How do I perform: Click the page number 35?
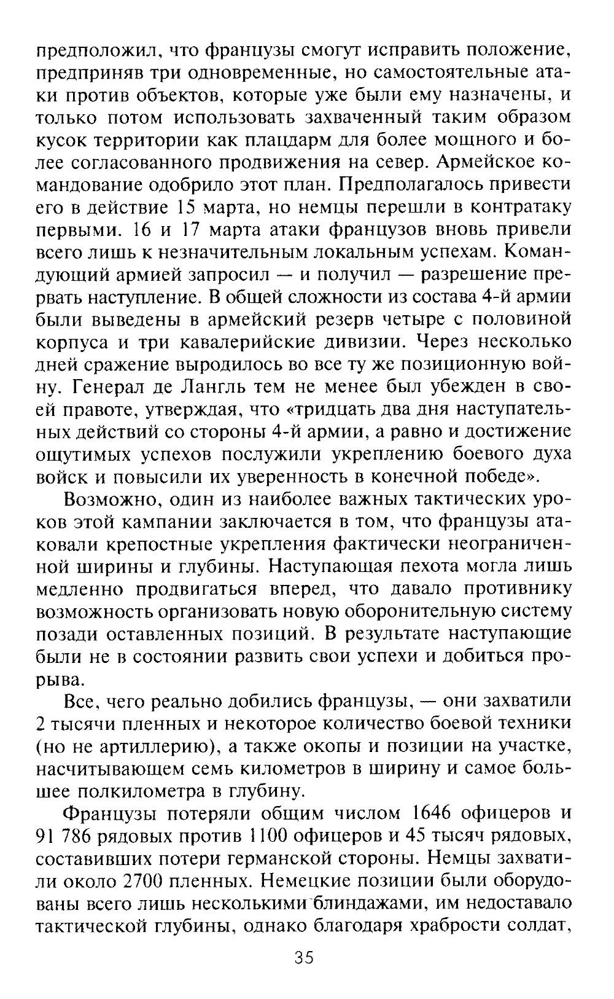[303, 958]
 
